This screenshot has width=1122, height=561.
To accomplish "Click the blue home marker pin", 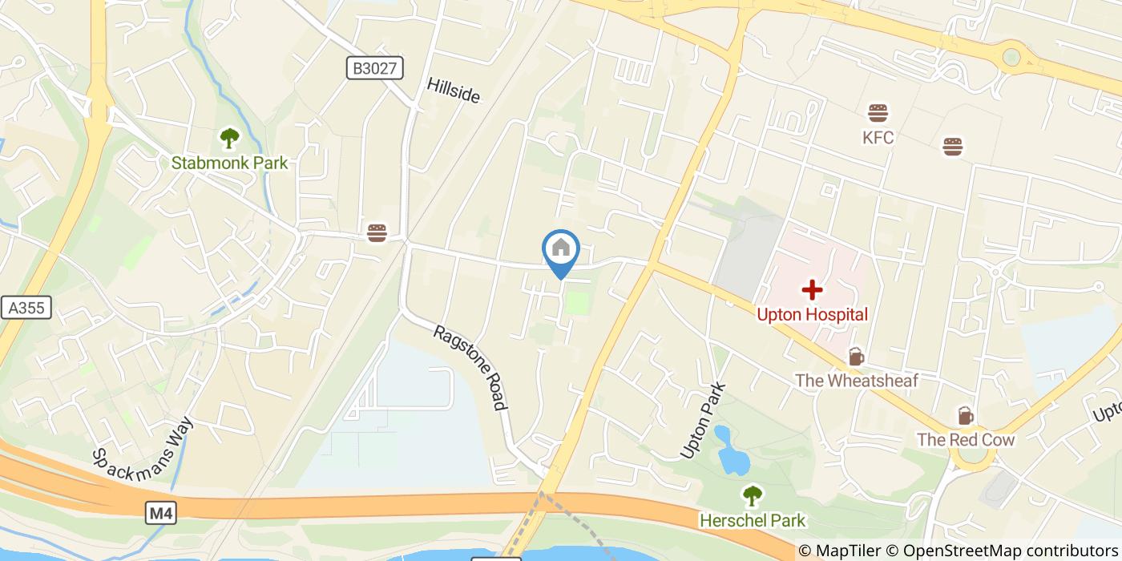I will [x=561, y=251].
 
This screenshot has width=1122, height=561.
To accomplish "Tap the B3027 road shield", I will [x=375, y=68].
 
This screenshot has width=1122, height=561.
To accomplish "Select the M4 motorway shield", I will [x=161, y=513].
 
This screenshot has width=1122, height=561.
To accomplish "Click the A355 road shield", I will [x=26, y=308].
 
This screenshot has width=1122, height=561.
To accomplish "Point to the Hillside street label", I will [x=454, y=91].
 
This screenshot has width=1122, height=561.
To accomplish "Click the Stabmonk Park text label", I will [x=229, y=163].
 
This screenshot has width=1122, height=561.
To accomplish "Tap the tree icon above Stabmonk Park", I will [x=229, y=138].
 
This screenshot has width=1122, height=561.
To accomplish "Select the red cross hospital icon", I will [x=813, y=289].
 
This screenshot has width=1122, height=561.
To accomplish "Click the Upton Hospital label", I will [x=813, y=314].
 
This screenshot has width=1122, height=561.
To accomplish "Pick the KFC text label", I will [x=878, y=138].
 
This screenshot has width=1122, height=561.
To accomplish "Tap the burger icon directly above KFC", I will [x=878, y=113].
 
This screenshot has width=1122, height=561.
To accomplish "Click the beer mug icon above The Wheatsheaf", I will [x=856, y=357].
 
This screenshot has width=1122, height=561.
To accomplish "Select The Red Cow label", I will [x=966, y=440].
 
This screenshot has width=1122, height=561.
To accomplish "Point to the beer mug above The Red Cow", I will [x=966, y=416].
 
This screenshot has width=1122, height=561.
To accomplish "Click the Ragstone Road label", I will [x=470, y=367].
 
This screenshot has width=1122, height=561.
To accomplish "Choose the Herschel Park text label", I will [x=753, y=521].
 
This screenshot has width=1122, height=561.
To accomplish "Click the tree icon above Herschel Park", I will [x=753, y=496].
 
